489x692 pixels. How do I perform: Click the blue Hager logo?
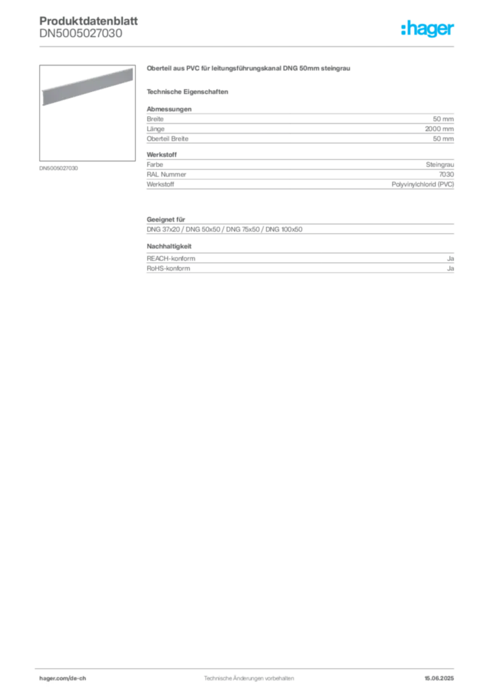pos(428,29)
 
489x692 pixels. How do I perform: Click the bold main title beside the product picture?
pos(248,69)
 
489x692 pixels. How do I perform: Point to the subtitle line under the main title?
pos(190,91)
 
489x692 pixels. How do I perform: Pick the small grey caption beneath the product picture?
pos(59,168)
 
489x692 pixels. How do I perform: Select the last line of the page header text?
pos(81,40)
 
